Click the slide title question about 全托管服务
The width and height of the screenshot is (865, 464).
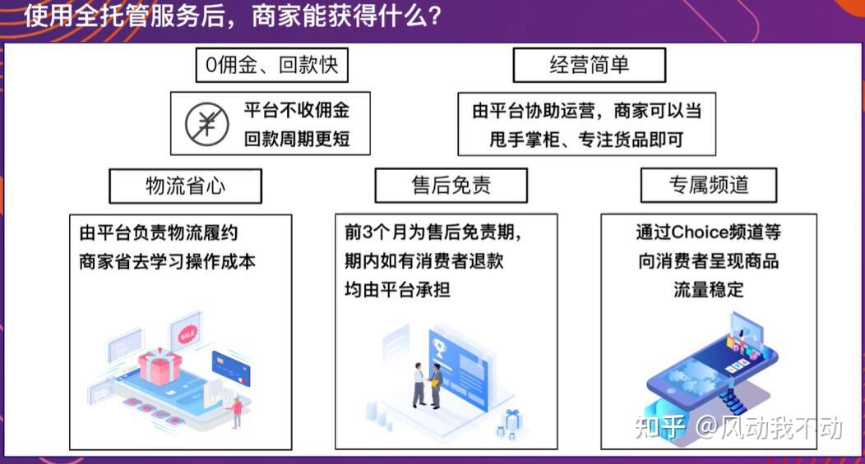(232, 16)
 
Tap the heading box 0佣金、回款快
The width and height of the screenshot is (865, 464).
(272, 65)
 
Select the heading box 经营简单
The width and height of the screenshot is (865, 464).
(590, 65)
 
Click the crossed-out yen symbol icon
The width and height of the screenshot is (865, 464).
(207, 124)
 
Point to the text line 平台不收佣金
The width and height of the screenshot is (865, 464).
(297, 110)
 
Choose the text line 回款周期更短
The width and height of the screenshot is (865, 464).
(297, 139)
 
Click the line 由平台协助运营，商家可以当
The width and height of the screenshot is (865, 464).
(587, 111)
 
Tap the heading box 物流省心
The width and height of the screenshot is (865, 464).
(185, 186)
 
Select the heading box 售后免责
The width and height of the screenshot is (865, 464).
(451, 185)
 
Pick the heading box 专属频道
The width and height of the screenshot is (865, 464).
(709, 185)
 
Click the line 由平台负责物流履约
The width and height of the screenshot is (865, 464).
(159, 232)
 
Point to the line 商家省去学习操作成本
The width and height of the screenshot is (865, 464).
(167, 261)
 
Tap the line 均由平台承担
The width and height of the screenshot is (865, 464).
(397, 289)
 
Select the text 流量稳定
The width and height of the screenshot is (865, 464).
(708, 289)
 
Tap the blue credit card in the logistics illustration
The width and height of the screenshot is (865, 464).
(231, 368)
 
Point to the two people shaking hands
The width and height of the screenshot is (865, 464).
(428, 385)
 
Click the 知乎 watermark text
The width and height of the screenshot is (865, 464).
(660, 428)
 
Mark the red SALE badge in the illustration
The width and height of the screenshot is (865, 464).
(187, 333)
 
